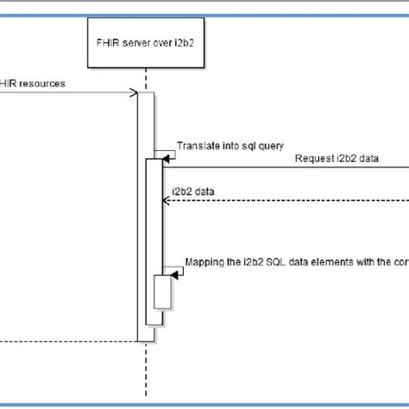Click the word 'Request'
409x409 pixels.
pyautogui.click(x=315, y=158)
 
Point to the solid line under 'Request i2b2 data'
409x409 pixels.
pyautogui.click(x=285, y=167)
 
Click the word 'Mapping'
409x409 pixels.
pyautogui.click(x=206, y=262)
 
